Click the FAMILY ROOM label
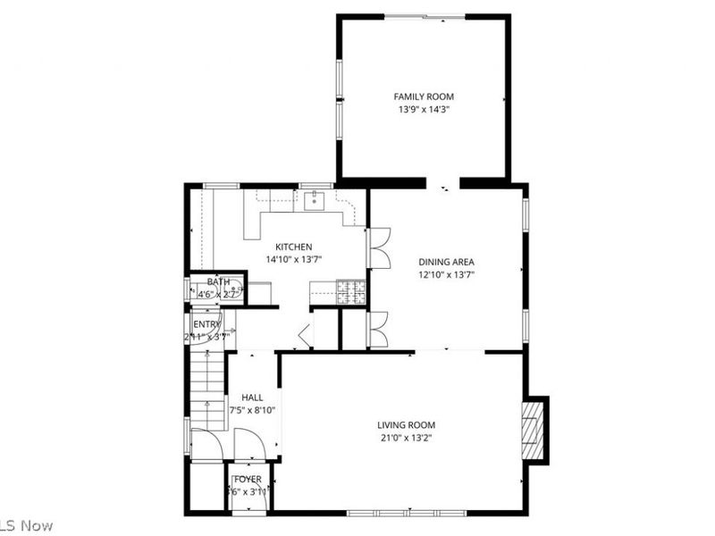point(425,96)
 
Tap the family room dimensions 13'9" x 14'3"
point(425,110)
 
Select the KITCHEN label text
point(293,247)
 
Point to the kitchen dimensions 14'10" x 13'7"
point(293,260)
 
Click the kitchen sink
point(315,201)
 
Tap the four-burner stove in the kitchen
point(350,291)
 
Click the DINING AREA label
point(446,262)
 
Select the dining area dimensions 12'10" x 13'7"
point(446,275)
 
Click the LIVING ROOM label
point(406,425)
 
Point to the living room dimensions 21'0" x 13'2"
point(406,439)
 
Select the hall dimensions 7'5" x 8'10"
point(252,411)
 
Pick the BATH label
point(219,282)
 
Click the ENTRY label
point(206,324)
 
